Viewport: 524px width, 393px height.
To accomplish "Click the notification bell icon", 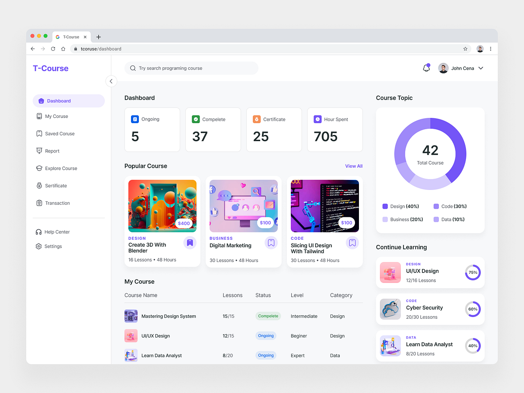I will point(426,68).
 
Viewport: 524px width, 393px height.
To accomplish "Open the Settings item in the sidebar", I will point(53,246).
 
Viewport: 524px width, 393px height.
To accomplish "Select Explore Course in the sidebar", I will point(61,168).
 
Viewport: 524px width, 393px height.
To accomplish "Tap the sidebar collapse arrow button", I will point(111,81).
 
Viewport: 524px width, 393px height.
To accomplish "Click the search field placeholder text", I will point(170,68).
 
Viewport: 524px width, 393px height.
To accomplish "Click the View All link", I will point(354,166).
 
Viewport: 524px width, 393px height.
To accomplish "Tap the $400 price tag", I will point(184,223).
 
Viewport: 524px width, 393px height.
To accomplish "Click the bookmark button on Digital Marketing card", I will point(271,243).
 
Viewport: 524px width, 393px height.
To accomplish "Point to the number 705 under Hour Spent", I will point(325,137).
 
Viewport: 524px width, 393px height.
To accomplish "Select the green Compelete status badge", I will point(268,316).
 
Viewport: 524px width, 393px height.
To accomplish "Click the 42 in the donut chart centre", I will point(430,151).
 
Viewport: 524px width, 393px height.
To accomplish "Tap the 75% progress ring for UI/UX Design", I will point(472,272).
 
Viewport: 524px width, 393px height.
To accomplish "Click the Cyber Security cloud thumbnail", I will point(390,309).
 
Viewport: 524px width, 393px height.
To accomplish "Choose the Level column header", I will point(297,295).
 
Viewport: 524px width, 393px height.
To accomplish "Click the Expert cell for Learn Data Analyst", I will point(297,355).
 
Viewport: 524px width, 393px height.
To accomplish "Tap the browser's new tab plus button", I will point(98,37).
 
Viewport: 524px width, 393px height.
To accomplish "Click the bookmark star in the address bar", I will point(465,49).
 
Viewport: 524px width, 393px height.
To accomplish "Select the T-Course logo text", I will point(51,68).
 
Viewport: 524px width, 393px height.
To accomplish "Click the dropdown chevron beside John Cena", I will point(481,68).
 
